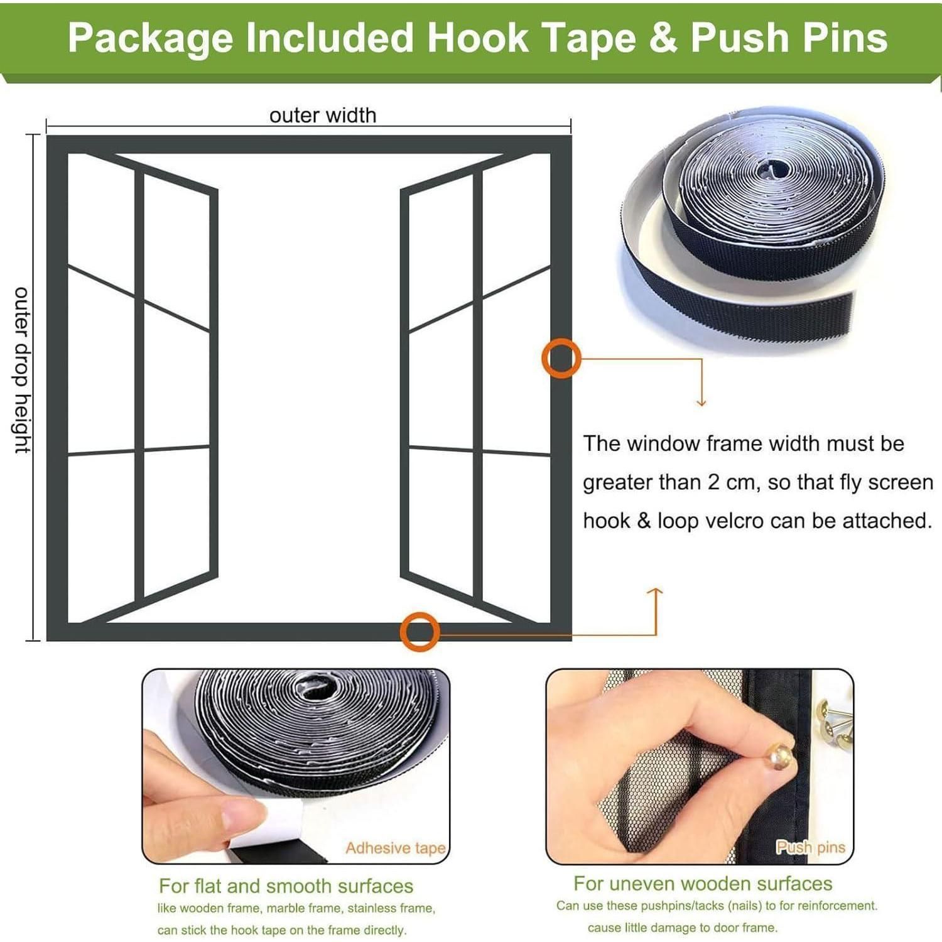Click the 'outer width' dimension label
click(323, 116)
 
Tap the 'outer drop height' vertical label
click(22, 371)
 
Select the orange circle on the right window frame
click(561, 359)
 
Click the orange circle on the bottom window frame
click(420, 631)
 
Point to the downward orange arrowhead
click(701, 402)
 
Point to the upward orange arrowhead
click(655, 592)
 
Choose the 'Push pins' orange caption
click(811, 847)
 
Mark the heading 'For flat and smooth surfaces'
click(286, 886)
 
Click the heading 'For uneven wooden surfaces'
click(703, 884)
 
